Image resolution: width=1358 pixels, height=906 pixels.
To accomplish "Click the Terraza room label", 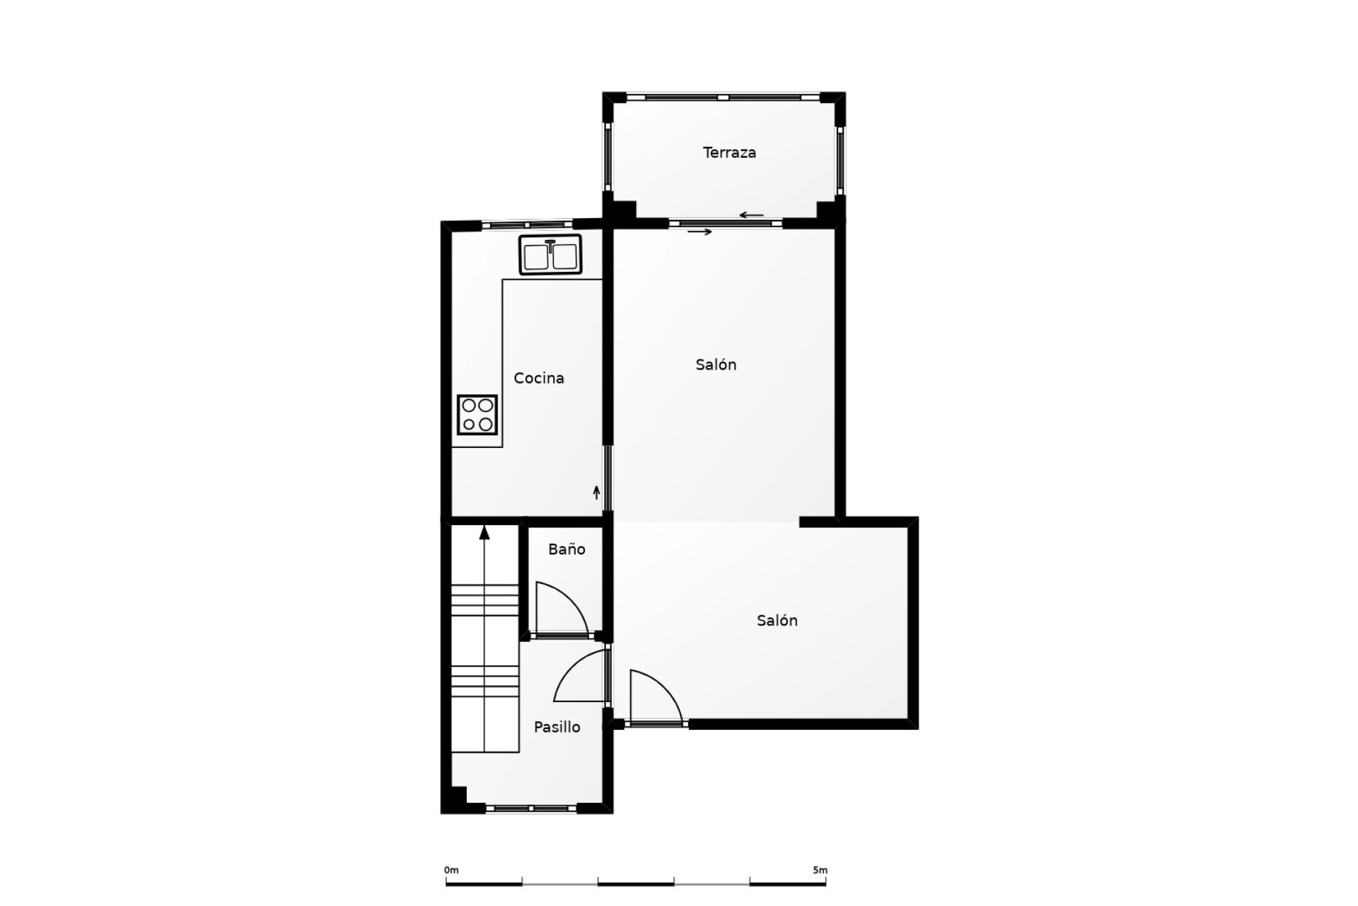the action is (729, 152).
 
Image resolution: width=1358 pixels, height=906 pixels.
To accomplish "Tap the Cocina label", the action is (539, 378).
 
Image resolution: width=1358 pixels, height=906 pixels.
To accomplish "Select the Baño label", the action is (567, 549).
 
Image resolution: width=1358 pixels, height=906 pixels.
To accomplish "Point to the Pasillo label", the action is (557, 727).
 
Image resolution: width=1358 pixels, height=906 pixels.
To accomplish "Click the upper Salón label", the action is (716, 365).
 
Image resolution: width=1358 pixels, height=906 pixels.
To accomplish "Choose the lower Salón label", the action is (777, 620).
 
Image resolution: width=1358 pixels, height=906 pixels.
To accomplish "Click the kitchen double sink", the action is (550, 255).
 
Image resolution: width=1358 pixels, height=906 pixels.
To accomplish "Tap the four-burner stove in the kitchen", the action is (477, 415).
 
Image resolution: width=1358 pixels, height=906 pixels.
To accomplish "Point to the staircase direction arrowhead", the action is (484, 532).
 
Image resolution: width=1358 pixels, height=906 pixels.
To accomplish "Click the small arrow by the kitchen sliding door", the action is (596, 493).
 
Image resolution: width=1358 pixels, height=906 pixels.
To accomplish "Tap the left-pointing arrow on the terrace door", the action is (751, 215).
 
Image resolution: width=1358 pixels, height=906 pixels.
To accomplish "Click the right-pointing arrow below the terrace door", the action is (700, 231).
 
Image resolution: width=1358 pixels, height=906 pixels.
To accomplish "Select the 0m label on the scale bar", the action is (451, 870).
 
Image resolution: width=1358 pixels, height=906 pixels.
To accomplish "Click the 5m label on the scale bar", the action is (820, 870).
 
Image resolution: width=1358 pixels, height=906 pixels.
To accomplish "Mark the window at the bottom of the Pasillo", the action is (531, 808).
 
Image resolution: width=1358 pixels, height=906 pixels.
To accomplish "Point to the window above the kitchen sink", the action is (527, 224).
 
